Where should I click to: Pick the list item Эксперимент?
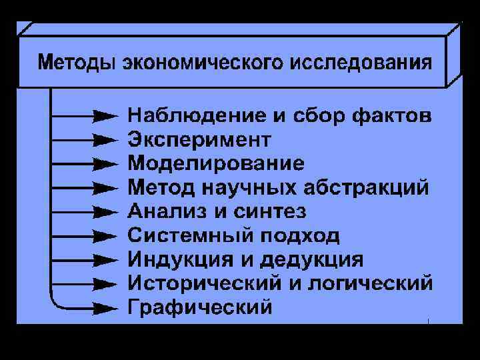[199, 140]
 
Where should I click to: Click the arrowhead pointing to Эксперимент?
[104, 140]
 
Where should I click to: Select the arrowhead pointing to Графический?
[104, 308]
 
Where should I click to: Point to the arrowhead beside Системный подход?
[104, 236]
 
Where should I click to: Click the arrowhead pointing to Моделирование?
[104, 164]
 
